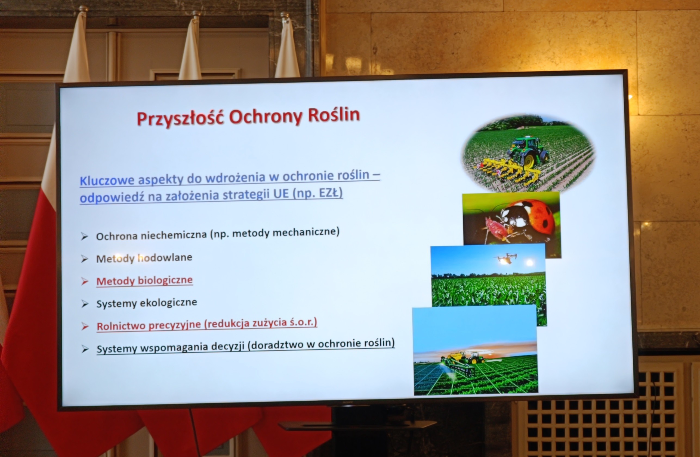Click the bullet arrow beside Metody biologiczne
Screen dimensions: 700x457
pyautogui.click(x=84, y=282)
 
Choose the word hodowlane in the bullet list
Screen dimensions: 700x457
pyautogui.click(x=165, y=258)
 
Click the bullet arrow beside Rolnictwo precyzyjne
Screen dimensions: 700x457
pyautogui.click(x=85, y=326)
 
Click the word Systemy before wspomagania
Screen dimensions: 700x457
pyautogui.click(x=116, y=349)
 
